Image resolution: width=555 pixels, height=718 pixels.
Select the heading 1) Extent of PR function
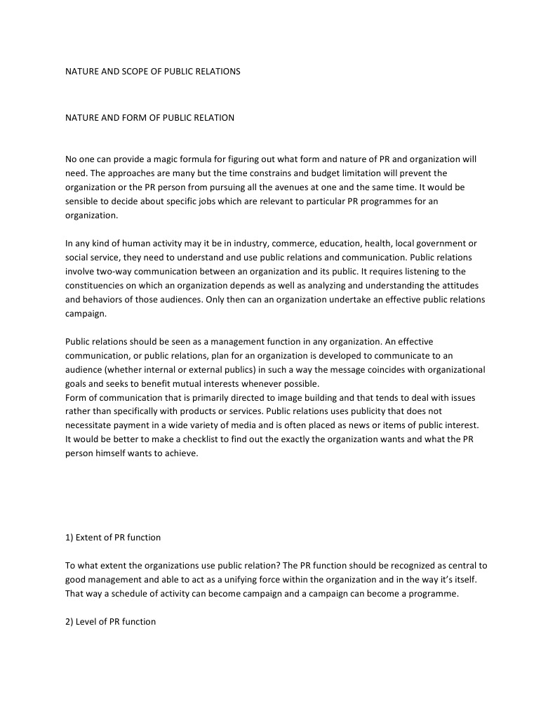coord(113,538)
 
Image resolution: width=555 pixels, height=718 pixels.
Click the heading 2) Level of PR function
coord(110,622)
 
